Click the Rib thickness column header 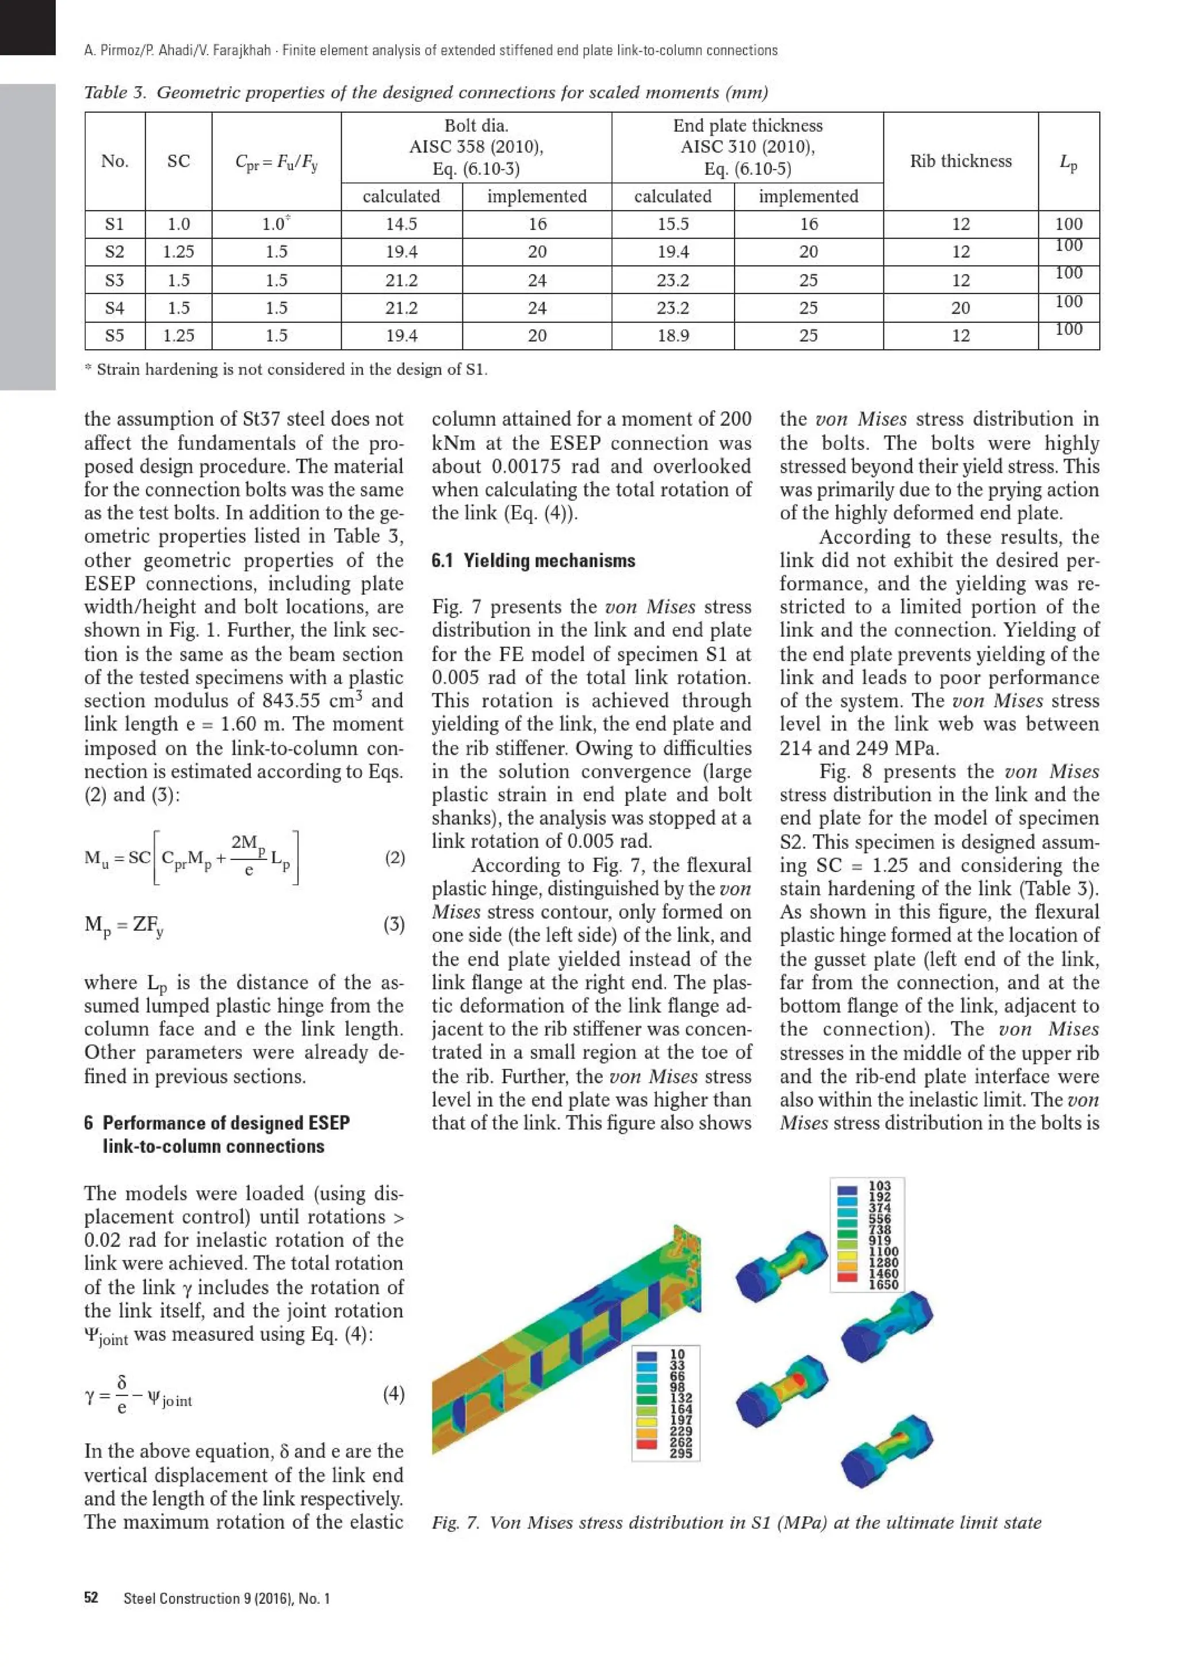(x=960, y=161)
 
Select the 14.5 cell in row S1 (x=401, y=224)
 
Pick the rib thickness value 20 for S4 (x=960, y=308)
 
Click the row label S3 (x=114, y=280)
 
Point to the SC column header (x=178, y=161)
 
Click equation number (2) (x=394, y=858)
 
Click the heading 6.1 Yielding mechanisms (x=533, y=560)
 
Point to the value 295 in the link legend (x=680, y=1453)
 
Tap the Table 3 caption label (x=114, y=92)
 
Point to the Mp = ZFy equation (x=124, y=926)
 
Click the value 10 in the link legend (x=676, y=1354)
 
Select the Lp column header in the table (x=1068, y=161)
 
